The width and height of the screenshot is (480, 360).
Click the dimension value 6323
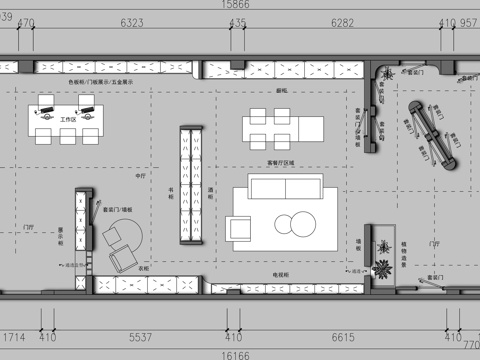pos(131,21)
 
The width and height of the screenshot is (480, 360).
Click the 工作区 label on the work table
pos(68,119)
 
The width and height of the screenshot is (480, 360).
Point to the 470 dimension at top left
pos(26,21)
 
